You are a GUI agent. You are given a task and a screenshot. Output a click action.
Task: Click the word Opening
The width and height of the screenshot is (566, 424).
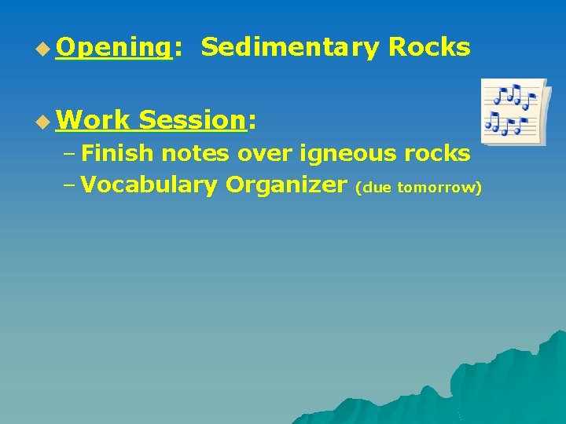point(113,48)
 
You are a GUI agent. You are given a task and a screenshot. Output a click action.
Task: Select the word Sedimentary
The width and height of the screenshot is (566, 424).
point(290,48)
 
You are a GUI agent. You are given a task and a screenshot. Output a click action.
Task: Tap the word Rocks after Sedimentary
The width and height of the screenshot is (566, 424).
point(429,48)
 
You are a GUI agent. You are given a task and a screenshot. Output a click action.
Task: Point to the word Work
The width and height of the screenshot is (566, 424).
point(93,120)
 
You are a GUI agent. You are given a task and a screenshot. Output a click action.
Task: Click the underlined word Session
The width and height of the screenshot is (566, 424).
point(192,120)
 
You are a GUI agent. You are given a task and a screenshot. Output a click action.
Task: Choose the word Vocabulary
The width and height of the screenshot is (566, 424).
point(149,185)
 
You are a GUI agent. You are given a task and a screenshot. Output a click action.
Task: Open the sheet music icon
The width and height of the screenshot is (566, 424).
point(514,111)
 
